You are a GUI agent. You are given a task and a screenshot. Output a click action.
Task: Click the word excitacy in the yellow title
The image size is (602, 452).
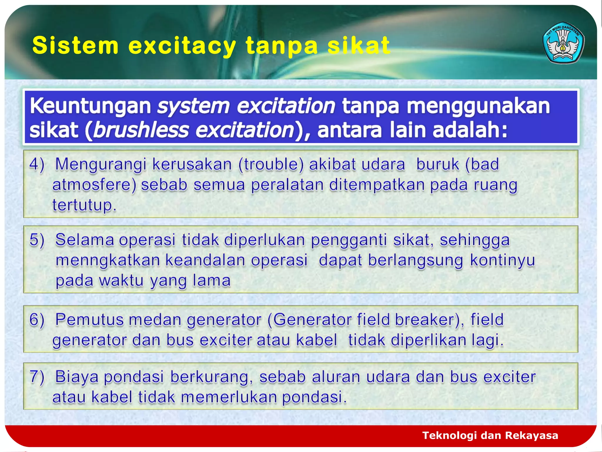coord(182,46)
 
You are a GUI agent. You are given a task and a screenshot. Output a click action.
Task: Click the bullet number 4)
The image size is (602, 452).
coord(37,164)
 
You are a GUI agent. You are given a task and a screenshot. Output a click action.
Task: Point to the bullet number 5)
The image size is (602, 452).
coord(37,240)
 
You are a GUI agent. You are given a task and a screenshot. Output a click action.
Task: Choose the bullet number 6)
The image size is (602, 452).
coord(37,320)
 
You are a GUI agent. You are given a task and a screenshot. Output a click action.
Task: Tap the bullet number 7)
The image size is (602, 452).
coord(37,377)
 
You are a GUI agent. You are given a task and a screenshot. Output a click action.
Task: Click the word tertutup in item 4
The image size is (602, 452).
coord(84,205)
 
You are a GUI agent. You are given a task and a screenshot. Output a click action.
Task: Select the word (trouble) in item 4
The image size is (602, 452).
coord(271,164)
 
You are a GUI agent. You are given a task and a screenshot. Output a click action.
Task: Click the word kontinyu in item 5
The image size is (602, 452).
coord(502,260)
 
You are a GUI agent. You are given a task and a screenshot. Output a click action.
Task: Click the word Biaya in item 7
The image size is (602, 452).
coord(77,377)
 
